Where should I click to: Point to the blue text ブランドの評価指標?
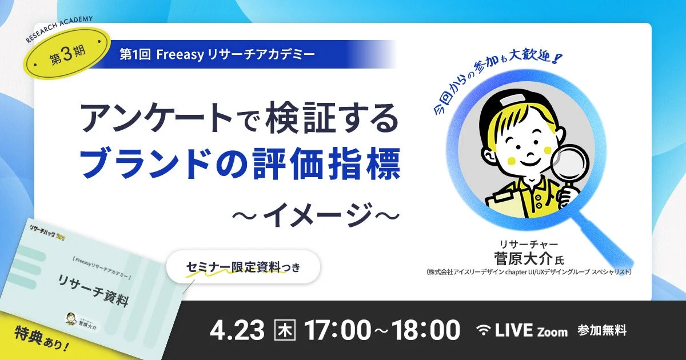pyautogui.click(x=240, y=162)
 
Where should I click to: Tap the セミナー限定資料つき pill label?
pyautogui.click(x=242, y=267)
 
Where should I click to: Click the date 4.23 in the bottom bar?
pyautogui.click(x=237, y=330)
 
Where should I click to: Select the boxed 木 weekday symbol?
pyautogui.click(x=285, y=330)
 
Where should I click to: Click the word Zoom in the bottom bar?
pyautogui.click(x=552, y=331)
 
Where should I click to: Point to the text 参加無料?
pyautogui.click(x=602, y=330)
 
